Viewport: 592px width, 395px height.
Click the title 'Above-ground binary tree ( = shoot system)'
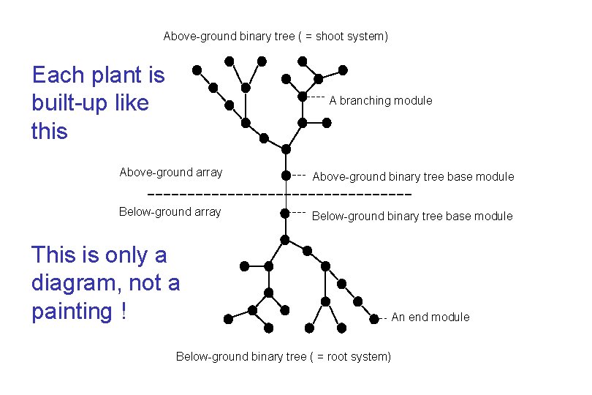pyautogui.click(x=276, y=36)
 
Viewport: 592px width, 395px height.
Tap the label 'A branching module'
pyautogui.click(x=380, y=100)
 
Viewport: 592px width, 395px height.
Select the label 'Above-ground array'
pyautogui.click(x=170, y=173)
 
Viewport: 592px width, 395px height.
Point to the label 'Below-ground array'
pyautogui.click(x=170, y=212)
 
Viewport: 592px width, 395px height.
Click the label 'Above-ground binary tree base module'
pyautogui.click(x=413, y=176)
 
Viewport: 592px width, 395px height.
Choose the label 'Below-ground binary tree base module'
pyautogui.click(x=412, y=216)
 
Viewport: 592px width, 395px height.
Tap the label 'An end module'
pyautogui.click(x=430, y=317)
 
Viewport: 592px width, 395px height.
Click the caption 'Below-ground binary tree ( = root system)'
pyautogui.click(x=284, y=356)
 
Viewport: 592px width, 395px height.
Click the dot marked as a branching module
pyautogui.click(x=303, y=97)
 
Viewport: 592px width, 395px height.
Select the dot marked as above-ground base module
pyautogui.click(x=286, y=176)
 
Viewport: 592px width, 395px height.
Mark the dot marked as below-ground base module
pyautogui.click(x=285, y=214)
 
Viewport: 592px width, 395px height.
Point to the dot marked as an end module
pyautogui.click(x=374, y=317)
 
